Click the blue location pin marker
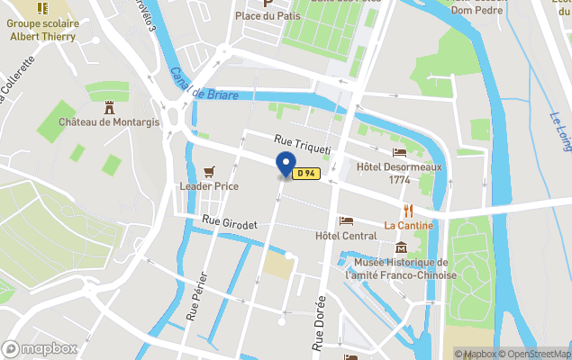pos(286,166)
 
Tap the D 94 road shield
pos(306,175)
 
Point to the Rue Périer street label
pos(197,296)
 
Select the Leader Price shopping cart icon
pos(210,171)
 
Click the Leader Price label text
pos(208,186)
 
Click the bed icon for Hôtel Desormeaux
pos(399,152)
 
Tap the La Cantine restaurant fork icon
pos(408,210)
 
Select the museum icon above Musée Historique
pos(401,247)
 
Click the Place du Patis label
pos(267,16)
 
